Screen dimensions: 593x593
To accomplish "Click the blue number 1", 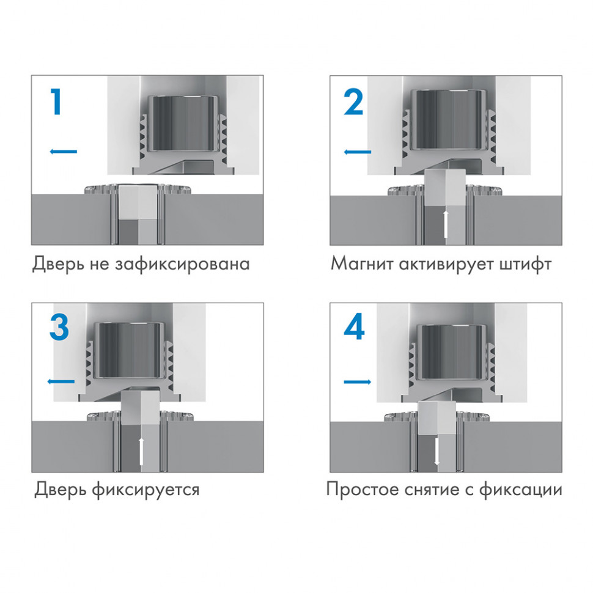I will pyautogui.click(x=56, y=103).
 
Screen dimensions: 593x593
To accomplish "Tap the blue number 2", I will pyautogui.click(x=353, y=103).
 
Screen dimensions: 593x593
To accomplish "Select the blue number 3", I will pyautogui.click(x=59, y=328).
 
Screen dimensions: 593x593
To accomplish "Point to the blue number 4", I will pyautogui.click(x=354, y=328).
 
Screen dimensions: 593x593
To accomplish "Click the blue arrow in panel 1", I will pyautogui.click(x=63, y=151).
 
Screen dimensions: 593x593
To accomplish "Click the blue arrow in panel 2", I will pyautogui.click(x=358, y=152).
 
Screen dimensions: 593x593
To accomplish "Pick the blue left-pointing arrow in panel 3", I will pyautogui.click(x=61, y=381).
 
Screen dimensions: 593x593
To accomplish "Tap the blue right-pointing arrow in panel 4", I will pyautogui.click(x=358, y=382).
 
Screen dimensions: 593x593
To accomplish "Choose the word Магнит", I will pyautogui.click(x=360, y=265).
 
